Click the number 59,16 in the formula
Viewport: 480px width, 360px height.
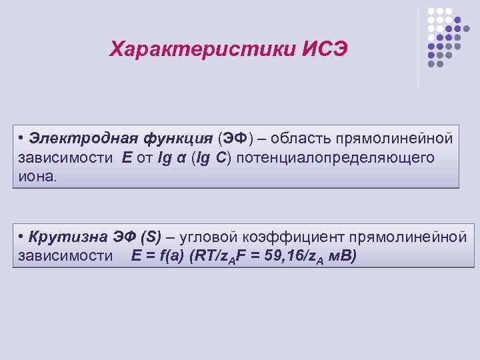[285, 257]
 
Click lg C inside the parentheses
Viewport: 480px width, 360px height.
[209, 158]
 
